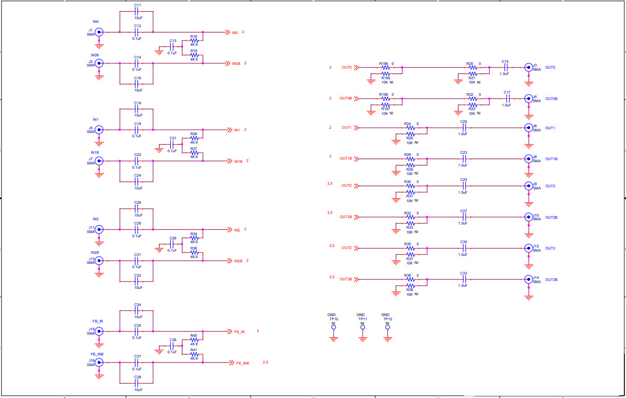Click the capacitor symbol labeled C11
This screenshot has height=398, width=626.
tap(137, 11)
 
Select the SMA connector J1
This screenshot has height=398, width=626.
tap(99, 32)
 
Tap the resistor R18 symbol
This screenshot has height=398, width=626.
tap(194, 40)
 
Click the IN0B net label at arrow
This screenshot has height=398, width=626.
tap(236, 63)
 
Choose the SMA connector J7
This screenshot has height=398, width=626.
tap(99, 161)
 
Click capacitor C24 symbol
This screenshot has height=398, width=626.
tap(137, 181)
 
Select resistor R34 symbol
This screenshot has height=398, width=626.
tap(194, 238)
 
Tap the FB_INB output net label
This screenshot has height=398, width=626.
tap(242, 363)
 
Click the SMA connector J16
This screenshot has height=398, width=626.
tap(99, 362)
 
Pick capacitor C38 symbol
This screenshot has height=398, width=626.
tap(137, 383)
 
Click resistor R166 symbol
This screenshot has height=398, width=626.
tap(386, 68)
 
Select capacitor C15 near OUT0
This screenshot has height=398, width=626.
tap(505, 68)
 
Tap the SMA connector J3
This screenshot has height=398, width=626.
tap(528, 68)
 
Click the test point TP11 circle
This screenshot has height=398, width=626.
tap(362, 328)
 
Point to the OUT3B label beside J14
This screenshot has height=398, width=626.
tap(552, 279)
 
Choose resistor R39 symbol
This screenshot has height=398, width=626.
tap(410, 286)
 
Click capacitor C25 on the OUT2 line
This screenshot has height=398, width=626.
tap(464, 186)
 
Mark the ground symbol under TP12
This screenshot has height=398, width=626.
tap(387, 338)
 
